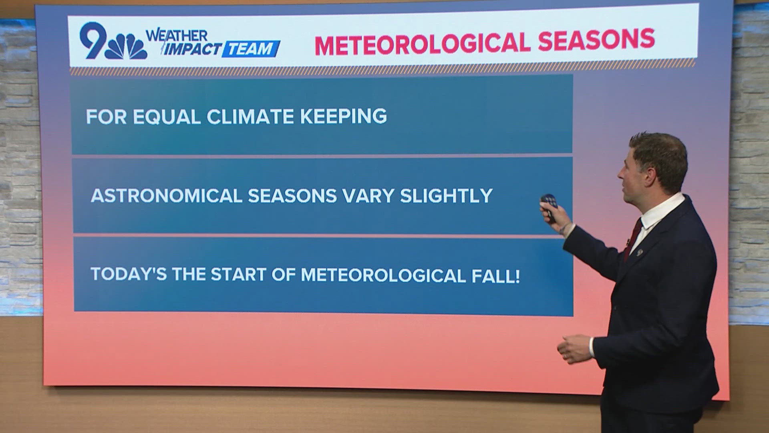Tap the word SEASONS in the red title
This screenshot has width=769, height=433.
[x=596, y=40]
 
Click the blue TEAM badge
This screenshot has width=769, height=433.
[x=251, y=49]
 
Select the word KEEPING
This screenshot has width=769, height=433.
[x=343, y=116]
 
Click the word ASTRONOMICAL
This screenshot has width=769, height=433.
[x=166, y=196]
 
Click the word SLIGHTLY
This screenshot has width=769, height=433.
[x=446, y=196]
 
